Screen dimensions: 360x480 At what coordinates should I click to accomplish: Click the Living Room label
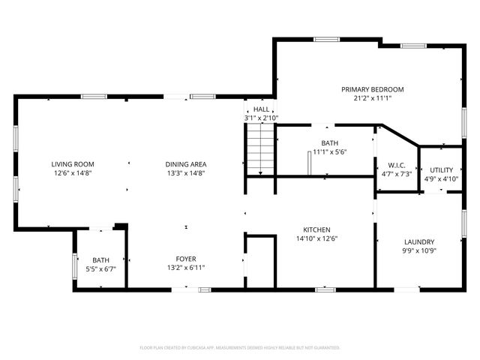(x=73, y=163)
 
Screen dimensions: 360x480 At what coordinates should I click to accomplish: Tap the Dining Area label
(x=186, y=163)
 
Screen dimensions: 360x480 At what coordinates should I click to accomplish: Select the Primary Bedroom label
(x=367, y=88)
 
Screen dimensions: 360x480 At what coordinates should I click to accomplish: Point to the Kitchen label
(x=316, y=229)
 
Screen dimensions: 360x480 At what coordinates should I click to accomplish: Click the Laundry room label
(x=419, y=241)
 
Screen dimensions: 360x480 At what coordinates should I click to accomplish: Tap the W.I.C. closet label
(x=397, y=165)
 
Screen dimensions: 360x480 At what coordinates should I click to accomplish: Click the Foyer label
(x=186, y=259)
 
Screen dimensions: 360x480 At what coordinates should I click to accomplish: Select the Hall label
(x=261, y=109)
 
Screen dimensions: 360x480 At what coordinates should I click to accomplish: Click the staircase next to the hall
(x=259, y=149)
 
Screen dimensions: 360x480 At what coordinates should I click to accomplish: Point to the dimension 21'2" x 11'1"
(x=367, y=97)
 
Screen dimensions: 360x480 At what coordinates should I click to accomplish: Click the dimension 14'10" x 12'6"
(x=316, y=238)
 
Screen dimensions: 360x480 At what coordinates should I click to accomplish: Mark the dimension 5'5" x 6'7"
(x=101, y=268)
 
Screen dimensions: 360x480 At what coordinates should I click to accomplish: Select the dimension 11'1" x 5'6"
(x=330, y=151)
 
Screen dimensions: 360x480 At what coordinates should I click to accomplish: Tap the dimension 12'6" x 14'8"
(x=73, y=172)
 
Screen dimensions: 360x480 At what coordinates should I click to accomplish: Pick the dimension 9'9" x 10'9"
(x=419, y=250)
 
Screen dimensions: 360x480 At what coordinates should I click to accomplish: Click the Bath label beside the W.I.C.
(x=330, y=142)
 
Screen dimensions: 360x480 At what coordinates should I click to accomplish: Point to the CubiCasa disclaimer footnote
(x=240, y=347)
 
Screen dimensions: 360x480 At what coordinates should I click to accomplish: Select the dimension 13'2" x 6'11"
(x=186, y=268)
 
